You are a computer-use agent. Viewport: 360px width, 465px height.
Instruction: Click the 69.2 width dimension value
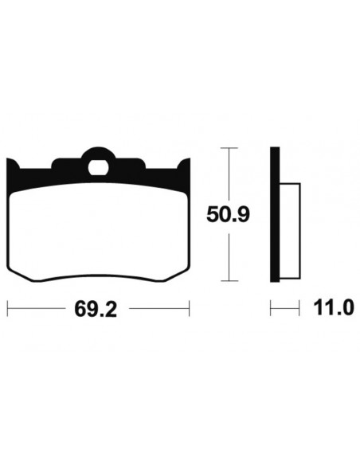click(x=96, y=309)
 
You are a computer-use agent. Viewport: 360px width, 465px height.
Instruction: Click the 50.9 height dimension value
click(x=228, y=214)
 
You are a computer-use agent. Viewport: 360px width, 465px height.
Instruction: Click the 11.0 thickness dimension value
click(x=334, y=307)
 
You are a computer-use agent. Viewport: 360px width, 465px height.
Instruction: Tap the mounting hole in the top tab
click(x=98, y=167)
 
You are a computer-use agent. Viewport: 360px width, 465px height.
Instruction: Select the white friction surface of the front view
click(x=98, y=232)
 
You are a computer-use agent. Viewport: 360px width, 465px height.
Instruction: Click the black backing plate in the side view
click(x=275, y=214)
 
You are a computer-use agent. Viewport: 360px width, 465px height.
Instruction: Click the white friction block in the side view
click(x=290, y=231)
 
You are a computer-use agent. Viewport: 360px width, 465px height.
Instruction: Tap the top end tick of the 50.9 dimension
click(x=229, y=147)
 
